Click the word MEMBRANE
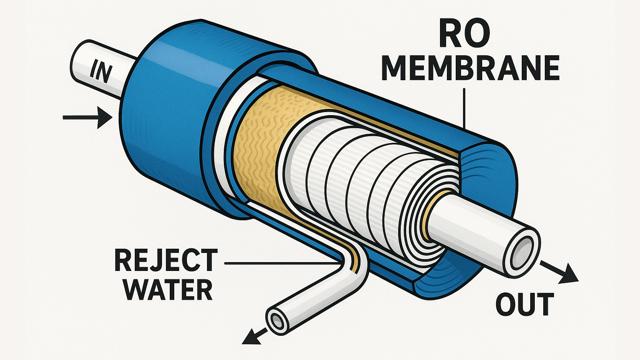[470, 68]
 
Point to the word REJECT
[166, 261]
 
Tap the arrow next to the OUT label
[561, 272]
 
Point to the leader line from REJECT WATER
[280, 264]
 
